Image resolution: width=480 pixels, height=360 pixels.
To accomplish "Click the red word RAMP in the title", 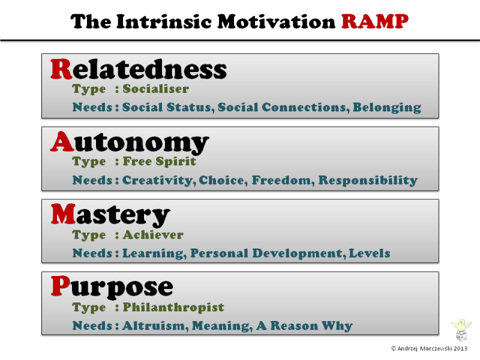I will (x=375, y=22).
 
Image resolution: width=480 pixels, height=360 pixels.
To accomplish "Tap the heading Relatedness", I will (x=139, y=70).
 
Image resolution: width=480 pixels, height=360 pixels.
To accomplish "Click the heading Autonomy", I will (x=130, y=142).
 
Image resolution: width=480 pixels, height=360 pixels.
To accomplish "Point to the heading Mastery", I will (x=110, y=215).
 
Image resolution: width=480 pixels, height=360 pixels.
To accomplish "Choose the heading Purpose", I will (x=112, y=287).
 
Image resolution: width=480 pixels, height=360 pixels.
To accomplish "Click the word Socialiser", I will (x=155, y=89).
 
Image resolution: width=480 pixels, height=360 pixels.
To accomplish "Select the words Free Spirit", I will (x=159, y=162).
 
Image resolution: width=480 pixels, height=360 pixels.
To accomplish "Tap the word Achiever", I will (x=153, y=235).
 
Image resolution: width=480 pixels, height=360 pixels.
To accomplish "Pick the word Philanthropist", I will (x=173, y=307).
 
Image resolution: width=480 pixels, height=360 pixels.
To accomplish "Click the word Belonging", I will (x=386, y=108).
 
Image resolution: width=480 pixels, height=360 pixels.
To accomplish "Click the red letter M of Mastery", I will (x=62, y=215).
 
